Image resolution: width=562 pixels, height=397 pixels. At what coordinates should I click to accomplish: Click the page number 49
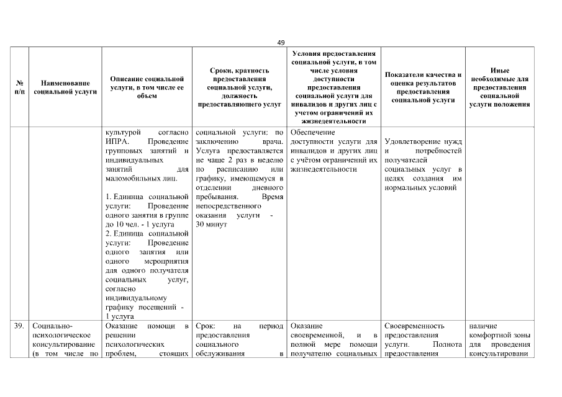(x=281, y=42)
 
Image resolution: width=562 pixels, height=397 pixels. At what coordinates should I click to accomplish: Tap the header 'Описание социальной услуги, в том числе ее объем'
(x=147, y=87)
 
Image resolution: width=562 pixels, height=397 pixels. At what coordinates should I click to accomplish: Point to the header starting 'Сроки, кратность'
(x=239, y=87)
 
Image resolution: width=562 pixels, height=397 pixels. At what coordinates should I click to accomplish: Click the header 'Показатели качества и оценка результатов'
(x=423, y=87)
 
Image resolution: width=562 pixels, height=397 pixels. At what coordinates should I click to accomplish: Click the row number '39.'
(x=19, y=326)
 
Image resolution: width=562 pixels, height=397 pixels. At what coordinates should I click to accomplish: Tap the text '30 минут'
(x=209, y=225)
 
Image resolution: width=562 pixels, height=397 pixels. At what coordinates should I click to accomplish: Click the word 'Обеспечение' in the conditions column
(x=312, y=132)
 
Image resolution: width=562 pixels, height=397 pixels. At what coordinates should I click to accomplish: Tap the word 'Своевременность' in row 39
(x=414, y=326)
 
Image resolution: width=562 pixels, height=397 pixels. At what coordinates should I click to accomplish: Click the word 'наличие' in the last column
(x=484, y=326)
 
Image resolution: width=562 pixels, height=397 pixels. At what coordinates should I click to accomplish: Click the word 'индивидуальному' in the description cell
(x=132, y=297)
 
